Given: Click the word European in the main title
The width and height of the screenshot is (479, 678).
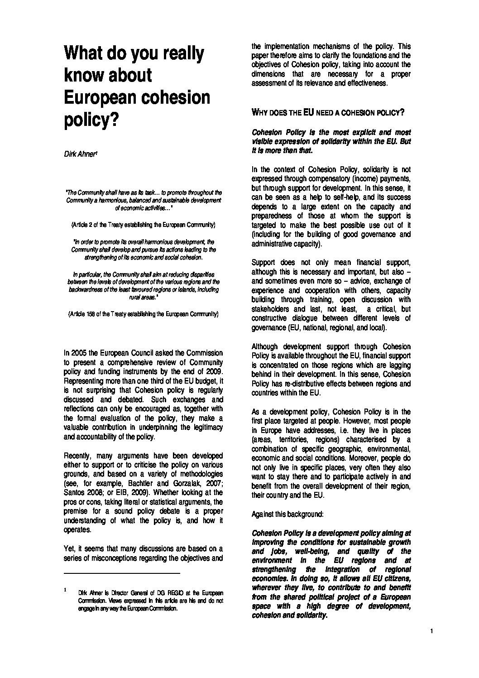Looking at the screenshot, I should [98, 97].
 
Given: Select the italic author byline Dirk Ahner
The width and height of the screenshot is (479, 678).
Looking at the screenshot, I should [80, 154].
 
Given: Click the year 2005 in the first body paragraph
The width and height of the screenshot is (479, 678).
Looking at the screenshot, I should [79, 353].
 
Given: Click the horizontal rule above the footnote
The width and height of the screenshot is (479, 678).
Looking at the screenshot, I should [122, 573].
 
